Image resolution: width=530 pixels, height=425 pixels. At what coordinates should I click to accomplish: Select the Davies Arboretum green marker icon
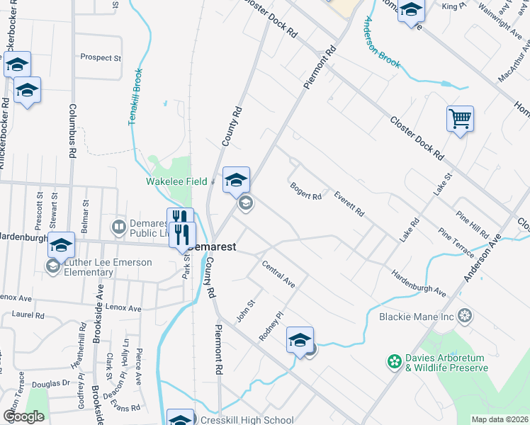pos(394,362)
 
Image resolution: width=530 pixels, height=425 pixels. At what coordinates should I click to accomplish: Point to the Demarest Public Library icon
pos(119,227)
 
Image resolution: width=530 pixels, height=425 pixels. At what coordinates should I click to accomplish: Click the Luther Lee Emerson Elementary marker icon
pos(52,266)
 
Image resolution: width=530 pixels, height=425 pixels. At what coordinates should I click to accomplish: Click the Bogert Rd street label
pos(306,191)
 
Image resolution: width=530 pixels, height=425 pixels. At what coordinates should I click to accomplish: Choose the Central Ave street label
pos(278,274)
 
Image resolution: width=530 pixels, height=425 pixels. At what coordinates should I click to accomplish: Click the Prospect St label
pos(102,57)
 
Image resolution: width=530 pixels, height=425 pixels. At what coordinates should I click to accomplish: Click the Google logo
pos(23,416)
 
